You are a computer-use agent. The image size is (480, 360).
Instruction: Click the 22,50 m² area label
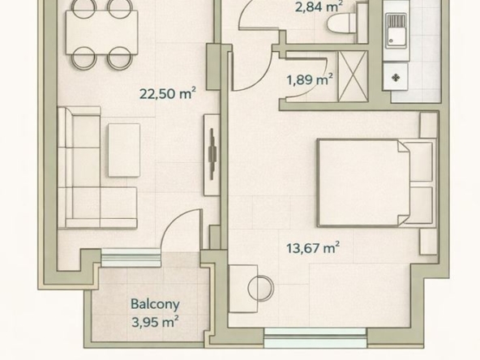click(x=168, y=93)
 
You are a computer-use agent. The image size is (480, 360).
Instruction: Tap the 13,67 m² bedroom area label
click(x=313, y=247)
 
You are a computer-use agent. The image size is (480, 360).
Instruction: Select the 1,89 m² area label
click(x=310, y=80)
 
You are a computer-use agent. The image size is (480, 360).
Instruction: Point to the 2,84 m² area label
click(x=319, y=6)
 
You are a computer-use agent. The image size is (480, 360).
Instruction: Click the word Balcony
click(x=155, y=305)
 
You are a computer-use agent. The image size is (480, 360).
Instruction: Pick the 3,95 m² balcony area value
click(x=155, y=322)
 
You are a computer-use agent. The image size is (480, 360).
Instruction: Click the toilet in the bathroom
click(x=342, y=23)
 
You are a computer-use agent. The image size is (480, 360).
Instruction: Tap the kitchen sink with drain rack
click(x=396, y=31)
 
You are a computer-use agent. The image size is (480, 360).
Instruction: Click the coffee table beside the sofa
click(x=124, y=150)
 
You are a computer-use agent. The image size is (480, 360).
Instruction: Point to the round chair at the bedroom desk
click(x=260, y=289)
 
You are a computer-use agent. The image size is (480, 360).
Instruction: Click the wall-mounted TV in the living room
click(x=212, y=154)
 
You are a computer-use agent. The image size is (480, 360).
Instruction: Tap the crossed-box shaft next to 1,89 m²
click(x=353, y=76)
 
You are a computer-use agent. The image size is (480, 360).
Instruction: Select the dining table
click(x=102, y=32)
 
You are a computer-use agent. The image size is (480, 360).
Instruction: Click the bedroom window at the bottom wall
click(x=315, y=337)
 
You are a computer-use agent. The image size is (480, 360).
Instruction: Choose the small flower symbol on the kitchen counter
click(x=396, y=78)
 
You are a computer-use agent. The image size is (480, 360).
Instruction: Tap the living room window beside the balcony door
click(x=131, y=258)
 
